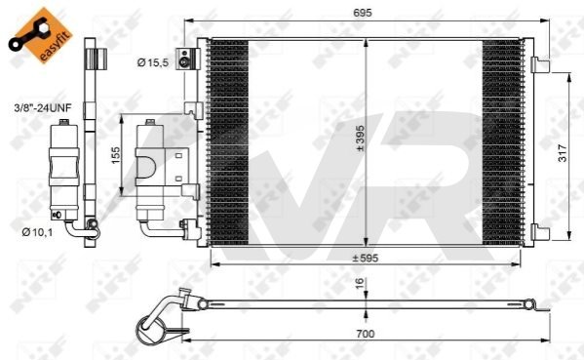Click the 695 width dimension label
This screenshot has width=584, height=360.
click(x=362, y=13)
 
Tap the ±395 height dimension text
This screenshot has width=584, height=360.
click(x=360, y=139)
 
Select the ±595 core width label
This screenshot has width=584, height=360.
click(x=365, y=258)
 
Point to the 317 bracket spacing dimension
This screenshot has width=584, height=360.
click(x=563, y=153)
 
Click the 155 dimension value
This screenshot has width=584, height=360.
click(x=116, y=155)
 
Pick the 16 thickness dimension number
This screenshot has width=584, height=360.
click(x=359, y=284)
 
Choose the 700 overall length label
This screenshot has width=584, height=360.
click(x=365, y=334)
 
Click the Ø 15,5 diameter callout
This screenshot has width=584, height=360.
click(x=153, y=62)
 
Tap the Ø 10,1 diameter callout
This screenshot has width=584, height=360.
click(x=37, y=232)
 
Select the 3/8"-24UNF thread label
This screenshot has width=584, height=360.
click(x=43, y=108)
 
